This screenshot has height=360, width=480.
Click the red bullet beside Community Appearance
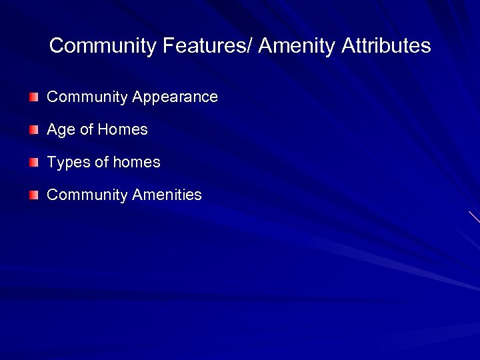pos(34,97)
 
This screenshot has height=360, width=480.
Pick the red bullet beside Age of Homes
pos(34,129)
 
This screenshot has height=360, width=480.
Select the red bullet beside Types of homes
pos(34,162)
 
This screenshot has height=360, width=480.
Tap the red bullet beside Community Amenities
pos(34,195)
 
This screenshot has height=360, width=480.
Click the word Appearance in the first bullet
pos(175,97)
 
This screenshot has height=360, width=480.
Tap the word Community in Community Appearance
pos(87,97)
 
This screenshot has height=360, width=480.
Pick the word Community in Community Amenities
pos(87,195)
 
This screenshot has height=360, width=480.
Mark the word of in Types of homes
pos(101,162)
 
